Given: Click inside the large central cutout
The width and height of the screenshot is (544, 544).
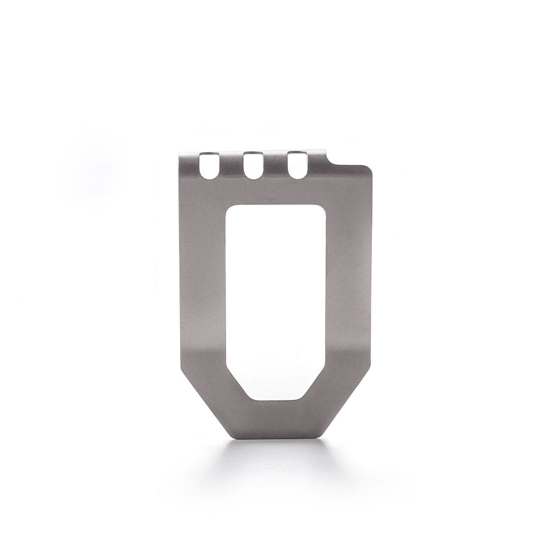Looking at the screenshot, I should click(275, 296).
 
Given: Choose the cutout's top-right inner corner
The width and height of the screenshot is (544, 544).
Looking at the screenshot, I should click(322, 207).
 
